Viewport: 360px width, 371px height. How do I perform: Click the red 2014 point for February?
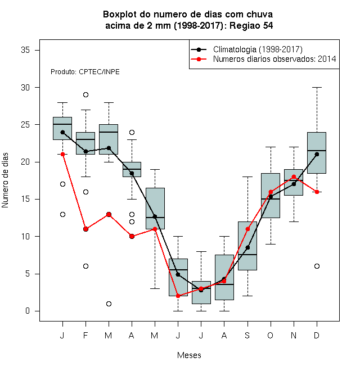click(x=85, y=229)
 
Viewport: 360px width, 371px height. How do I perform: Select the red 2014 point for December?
click(x=317, y=192)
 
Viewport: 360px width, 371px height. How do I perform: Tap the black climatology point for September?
click(x=247, y=247)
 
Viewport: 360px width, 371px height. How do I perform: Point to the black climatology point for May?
click(x=155, y=216)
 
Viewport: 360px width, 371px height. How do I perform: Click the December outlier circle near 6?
click(x=317, y=266)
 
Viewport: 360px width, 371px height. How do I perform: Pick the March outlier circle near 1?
click(x=109, y=304)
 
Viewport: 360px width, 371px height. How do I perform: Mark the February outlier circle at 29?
click(x=85, y=94)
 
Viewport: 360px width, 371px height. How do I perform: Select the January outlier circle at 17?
click(x=62, y=184)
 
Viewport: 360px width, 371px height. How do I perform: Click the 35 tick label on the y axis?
click(x=25, y=50)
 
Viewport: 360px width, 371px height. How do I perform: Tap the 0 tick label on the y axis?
click(x=28, y=311)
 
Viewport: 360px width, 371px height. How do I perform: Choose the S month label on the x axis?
click(x=247, y=335)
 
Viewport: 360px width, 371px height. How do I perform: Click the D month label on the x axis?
click(x=317, y=335)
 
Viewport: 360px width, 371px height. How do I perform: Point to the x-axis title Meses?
click(x=189, y=355)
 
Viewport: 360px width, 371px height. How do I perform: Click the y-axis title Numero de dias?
click(x=5, y=180)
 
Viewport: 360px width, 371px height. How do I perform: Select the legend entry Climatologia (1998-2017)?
click(x=258, y=49)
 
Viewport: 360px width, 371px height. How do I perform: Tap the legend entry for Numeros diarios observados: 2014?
click(x=274, y=59)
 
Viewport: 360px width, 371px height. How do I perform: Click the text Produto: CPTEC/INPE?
click(x=85, y=72)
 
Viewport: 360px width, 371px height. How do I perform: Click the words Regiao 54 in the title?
click(x=251, y=25)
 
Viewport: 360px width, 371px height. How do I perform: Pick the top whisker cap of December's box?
click(x=317, y=87)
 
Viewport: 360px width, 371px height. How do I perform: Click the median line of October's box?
click(x=271, y=199)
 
